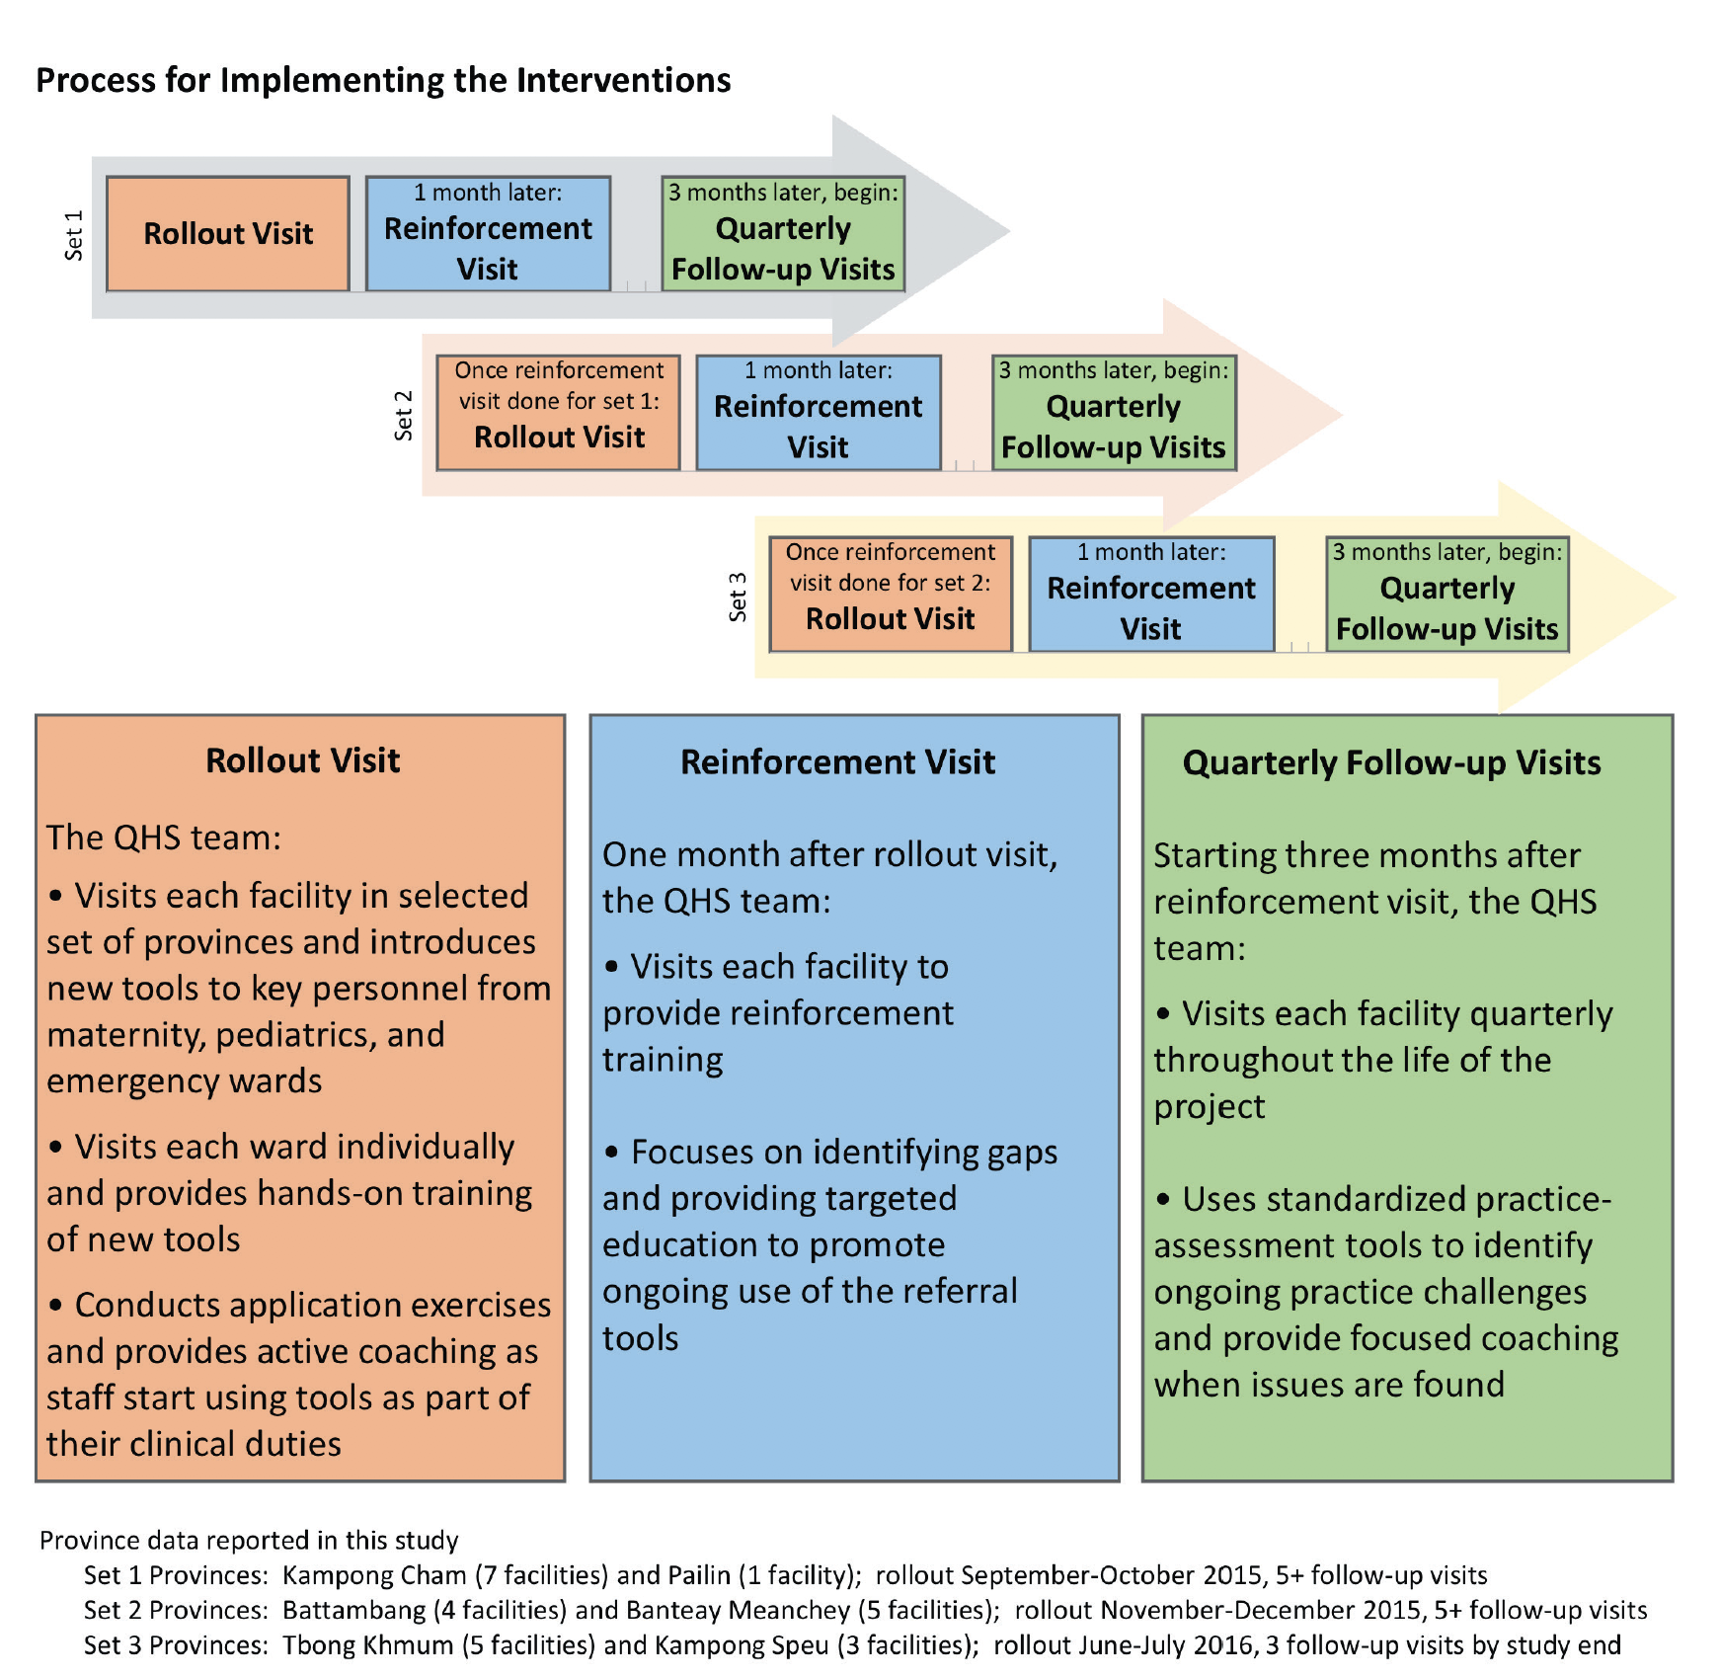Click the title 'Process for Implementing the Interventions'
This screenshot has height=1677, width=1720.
tap(383, 80)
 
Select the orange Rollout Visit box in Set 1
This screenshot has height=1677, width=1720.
tap(228, 234)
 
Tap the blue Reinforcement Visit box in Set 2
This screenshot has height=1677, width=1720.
tap(819, 413)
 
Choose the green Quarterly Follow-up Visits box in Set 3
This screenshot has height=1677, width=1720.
tap(1447, 594)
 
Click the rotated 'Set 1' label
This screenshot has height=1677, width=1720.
tap(73, 235)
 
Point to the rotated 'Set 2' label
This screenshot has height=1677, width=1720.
tap(403, 415)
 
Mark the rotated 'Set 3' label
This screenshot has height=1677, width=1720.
tap(737, 597)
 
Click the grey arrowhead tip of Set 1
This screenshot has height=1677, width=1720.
tap(1009, 231)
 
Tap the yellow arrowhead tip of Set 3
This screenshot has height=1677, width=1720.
tap(1676, 597)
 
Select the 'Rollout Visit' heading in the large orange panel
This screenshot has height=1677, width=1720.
tap(303, 760)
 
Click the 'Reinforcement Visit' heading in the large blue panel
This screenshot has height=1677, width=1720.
tap(837, 761)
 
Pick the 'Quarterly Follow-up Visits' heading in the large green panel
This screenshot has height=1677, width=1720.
tap(1391, 762)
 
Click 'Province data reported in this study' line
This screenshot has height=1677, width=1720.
tap(249, 1540)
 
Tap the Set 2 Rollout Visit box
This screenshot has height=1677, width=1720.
tap(559, 413)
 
